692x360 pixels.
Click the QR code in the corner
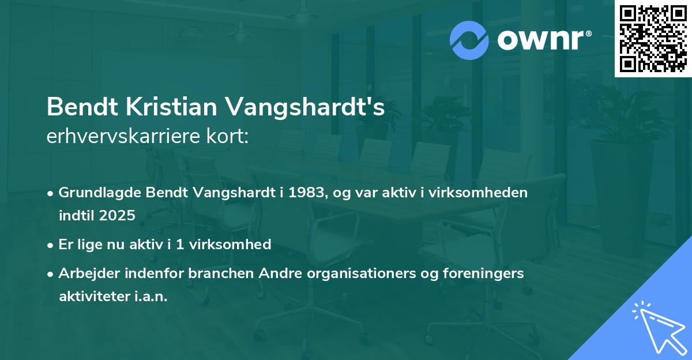(x=653, y=38)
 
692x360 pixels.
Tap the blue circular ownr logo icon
(x=469, y=40)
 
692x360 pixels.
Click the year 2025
(x=118, y=216)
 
